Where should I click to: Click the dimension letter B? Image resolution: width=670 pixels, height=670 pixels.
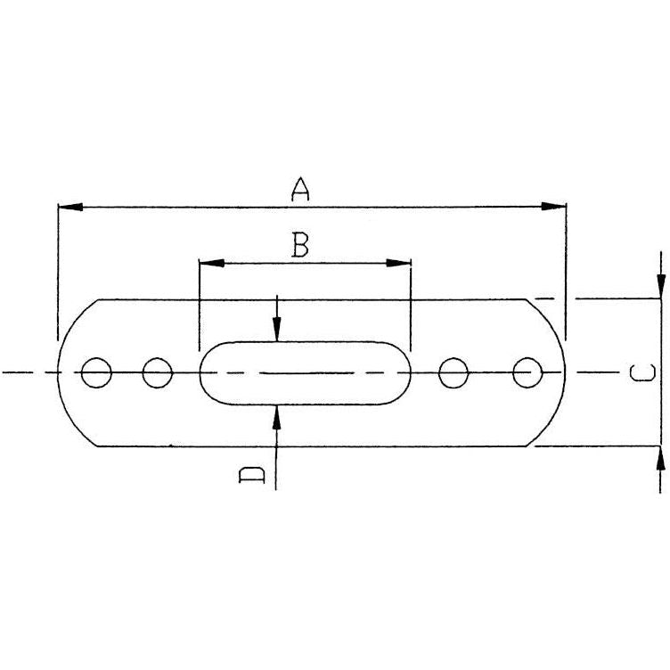point(301,243)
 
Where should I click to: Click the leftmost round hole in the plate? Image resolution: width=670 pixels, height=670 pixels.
point(95,372)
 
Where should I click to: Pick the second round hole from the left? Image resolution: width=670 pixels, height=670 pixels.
point(157,372)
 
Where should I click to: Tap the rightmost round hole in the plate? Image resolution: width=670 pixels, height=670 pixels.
point(527,372)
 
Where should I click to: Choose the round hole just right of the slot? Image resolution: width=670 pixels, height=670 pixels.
point(454,372)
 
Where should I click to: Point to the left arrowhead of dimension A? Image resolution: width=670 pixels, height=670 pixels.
point(68,208)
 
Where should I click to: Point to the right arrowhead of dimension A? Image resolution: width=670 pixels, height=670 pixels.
point(556,208)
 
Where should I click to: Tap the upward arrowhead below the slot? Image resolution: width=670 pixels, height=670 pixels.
point(278,415)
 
